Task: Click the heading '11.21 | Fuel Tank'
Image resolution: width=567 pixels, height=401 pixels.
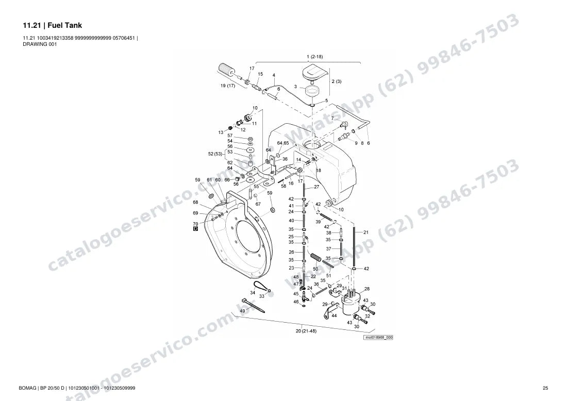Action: [x=53, y=25]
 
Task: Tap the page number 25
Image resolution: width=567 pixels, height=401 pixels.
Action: [x=545, y=388]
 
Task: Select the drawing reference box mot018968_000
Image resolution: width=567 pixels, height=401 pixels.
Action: [x=378, y=338]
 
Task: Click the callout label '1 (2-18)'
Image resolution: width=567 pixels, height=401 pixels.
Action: [x=314, y=57]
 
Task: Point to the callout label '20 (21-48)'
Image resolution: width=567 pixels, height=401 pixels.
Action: [x=306, y=331]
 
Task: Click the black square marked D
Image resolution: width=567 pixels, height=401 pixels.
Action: [x=196, y=229]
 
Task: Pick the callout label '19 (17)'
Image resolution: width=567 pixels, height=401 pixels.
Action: [x=228, y=86]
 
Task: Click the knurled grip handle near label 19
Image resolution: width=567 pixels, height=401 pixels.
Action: [x=226, y=70]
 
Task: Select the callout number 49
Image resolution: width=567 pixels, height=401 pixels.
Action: [x=242, y=311]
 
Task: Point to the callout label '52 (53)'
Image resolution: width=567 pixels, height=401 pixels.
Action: [x=215, y=154]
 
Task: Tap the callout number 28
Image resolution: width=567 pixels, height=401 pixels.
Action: [x=367, y=289]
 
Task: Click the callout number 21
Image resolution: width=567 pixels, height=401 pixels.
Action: [x=366, y=232]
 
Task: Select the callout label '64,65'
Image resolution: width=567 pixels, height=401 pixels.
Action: [x=283, y=143]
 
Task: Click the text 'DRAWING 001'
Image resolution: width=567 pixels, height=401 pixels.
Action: [x=40, y=44]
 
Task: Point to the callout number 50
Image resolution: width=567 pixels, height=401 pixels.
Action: [x=315, y=269]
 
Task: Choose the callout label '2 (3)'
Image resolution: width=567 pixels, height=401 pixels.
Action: [x=336, y=81]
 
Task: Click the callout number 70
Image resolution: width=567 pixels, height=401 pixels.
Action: [x=196, y=224]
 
